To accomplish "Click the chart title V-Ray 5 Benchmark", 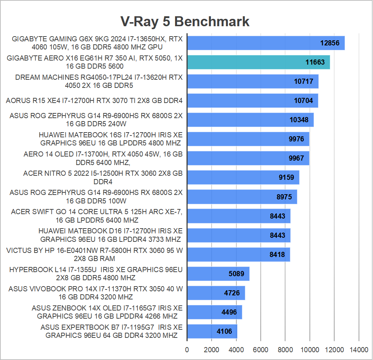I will pos(185,21).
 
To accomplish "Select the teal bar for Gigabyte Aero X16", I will pos(258,62).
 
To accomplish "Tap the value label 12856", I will pos(329,43).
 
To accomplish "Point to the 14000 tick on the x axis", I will pos(359,350).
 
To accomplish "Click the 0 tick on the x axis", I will pos(187,350).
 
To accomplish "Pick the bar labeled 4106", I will pos(212,331).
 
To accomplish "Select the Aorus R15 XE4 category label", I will pos(94,100).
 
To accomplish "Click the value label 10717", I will pos(304,81).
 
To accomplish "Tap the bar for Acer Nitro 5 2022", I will pos(243,177).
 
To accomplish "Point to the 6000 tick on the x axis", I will pos(261,350).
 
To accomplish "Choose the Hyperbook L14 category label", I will pos(96,274).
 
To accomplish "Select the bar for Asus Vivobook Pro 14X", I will pos(216,293).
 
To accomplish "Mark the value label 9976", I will pos(296,139).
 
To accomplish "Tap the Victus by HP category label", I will pos(94,254).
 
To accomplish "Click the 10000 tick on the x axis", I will pos(310,350).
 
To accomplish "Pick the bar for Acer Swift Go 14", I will pos(239,216).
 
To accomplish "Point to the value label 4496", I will pos(229,312).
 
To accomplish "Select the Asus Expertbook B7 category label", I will pos(112,331).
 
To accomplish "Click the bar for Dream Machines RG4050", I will pos(253,81).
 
